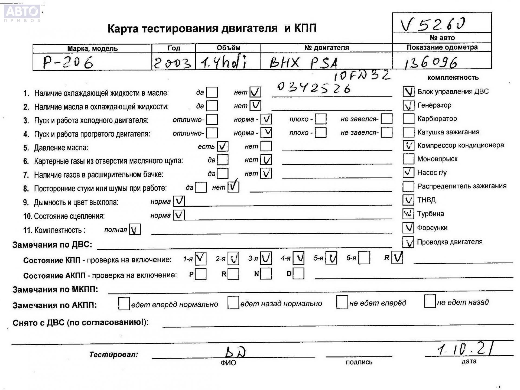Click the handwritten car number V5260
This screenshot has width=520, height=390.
coord(433,24)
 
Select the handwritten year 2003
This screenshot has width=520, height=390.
coord(173,63)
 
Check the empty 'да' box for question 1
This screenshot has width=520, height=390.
coord(212,92)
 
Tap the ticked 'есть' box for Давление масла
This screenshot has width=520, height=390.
coord(223,146)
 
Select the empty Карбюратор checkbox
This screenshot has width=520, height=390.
coord(408,119)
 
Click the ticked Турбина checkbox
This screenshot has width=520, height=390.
coord(408,214)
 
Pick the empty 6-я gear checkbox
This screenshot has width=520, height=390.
coord(364,258)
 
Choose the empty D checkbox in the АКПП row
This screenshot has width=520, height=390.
coord(298,274)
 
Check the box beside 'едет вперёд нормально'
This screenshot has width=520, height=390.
coord(124,304)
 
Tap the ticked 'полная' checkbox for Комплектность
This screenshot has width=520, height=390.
coord(135,230)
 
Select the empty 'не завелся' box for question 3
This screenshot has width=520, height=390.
coord(386,119)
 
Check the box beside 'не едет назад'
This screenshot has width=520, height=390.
coord(430,301)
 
